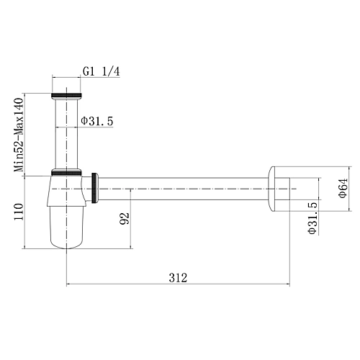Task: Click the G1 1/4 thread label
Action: coord(102,71)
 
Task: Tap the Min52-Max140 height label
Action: coord(19,135)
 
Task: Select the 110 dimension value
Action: coord(19,212)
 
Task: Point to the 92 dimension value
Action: coord(125,218)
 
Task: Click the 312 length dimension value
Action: coord(178,278)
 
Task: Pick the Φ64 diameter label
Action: coord(343,188)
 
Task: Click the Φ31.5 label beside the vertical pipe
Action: coord(96,121)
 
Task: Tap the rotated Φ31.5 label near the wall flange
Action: coord(312,218)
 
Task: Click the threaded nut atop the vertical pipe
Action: coord(66,96)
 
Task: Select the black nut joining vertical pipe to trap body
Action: coord(66,172)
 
